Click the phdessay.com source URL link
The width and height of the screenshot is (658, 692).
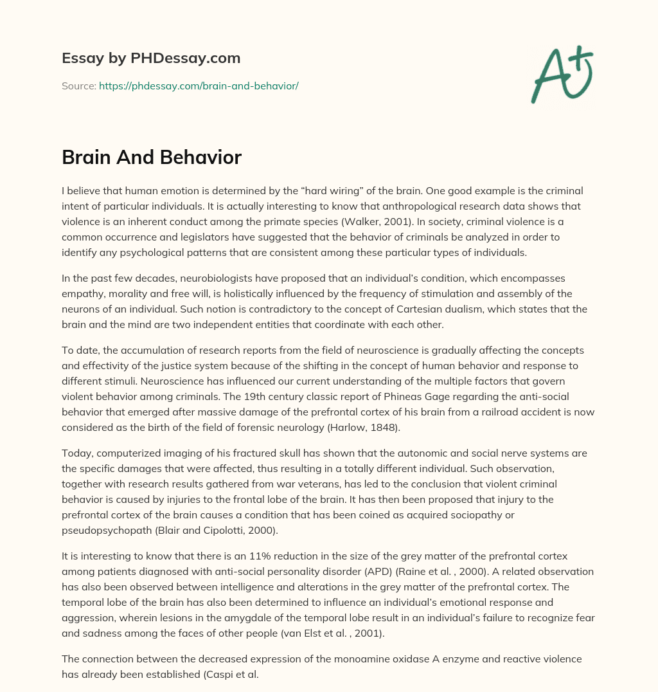pos(199,86)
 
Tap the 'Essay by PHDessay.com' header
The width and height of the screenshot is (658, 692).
pos(151,58)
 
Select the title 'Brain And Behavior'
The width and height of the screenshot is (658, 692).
pos(152,157)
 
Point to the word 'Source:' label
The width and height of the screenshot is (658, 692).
pos(78,86)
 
